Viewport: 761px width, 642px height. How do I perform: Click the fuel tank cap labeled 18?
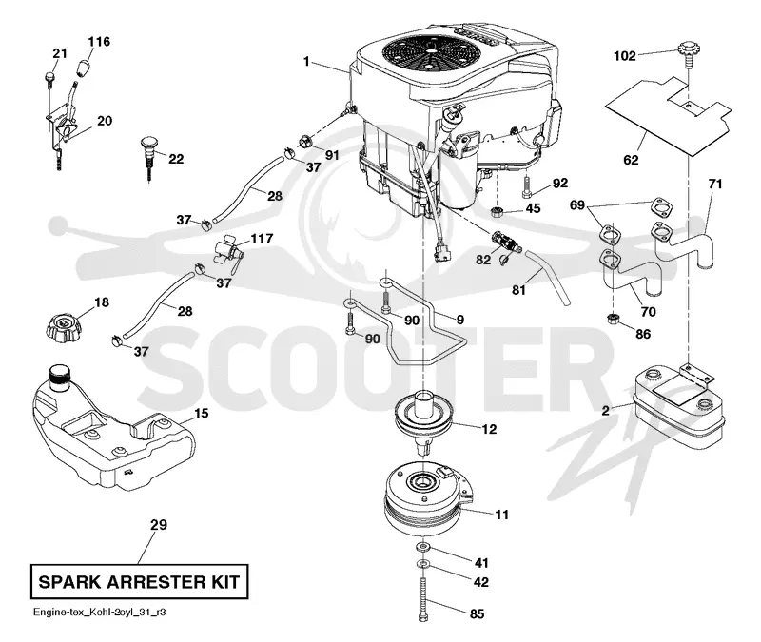[x=62, y=328]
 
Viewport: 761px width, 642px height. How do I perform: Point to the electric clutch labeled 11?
[x=425, y=497]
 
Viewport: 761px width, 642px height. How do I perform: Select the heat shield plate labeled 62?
[x=669, y=116]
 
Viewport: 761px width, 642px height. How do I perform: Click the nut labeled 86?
[x=613, y=319]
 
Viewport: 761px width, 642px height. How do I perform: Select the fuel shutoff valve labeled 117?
[x=228, y=252]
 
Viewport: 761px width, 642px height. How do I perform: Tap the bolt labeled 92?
[x=528, y=187]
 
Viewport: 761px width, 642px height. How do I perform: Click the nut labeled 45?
[x=497, y=211]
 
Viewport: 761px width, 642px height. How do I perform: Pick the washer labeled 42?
[x=421, y=565]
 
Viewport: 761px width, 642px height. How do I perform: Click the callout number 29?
[x=158, y=525]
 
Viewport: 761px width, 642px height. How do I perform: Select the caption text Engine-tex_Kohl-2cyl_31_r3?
[x=100, y=612]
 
